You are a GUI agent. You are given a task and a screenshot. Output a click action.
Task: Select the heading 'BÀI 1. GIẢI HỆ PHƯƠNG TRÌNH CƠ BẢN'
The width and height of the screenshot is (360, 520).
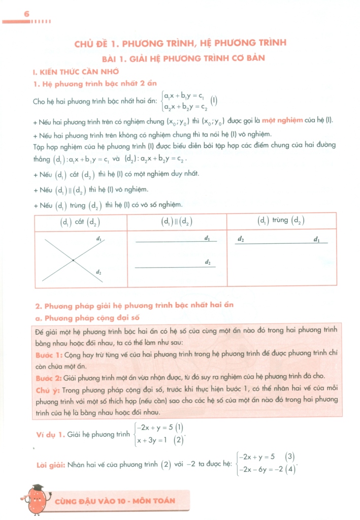coord(180,58)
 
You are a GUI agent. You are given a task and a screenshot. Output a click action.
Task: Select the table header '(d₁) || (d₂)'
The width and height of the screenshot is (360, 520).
coord(177,221)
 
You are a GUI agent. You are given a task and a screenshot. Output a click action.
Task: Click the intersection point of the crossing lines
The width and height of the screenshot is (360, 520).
coord(74,260)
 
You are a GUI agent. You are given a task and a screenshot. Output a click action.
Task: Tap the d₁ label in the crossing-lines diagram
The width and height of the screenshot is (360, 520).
coord(99,238)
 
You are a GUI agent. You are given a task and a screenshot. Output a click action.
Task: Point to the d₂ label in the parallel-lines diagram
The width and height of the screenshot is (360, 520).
coord(208,262)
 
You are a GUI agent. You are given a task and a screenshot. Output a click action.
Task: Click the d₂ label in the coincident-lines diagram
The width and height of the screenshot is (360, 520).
coord(241,238)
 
